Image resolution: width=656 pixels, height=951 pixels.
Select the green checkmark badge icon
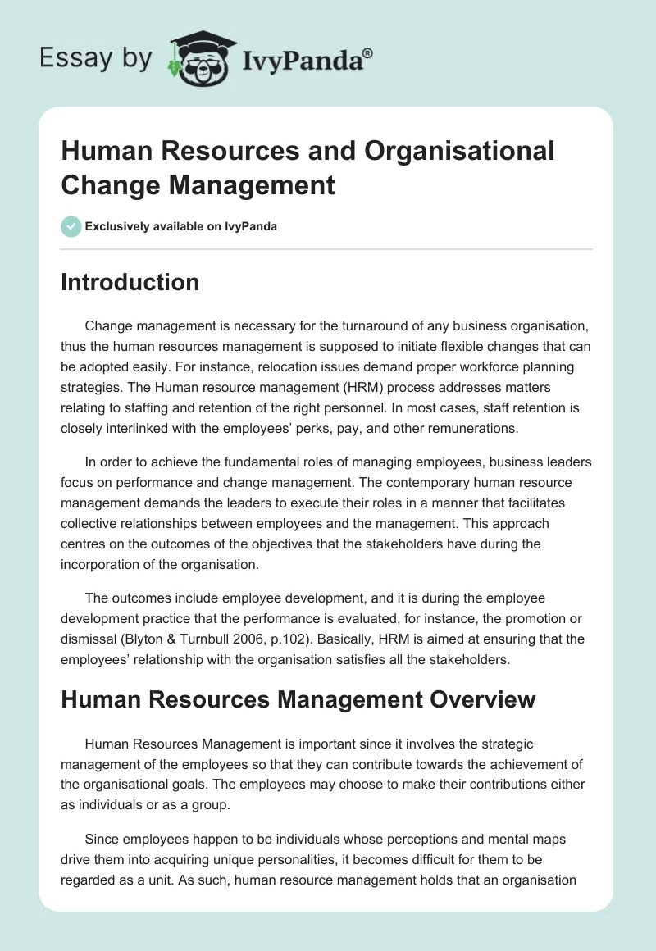click(71, 226)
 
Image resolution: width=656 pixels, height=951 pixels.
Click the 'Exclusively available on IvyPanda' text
click(180, 226)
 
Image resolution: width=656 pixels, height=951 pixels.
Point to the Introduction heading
click(130, 282)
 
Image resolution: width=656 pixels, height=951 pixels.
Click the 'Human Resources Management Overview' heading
click(298, 698)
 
